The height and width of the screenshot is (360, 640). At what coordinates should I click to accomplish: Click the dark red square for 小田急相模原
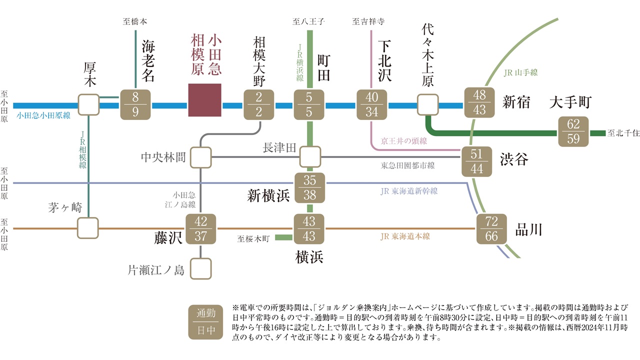[204, 100]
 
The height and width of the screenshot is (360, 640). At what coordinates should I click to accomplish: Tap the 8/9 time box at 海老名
[135, 104]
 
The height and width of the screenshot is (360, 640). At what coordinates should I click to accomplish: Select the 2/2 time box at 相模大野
[259, 104]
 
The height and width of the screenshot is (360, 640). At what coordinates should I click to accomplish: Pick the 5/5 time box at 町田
[309, 104]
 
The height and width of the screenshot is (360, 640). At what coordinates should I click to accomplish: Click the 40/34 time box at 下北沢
[372, 104]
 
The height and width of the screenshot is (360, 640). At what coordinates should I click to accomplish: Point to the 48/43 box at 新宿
[479, 102]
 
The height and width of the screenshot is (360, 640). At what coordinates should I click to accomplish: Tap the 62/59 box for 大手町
[573, 131]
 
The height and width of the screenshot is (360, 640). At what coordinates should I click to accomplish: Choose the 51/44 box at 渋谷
[477, 161]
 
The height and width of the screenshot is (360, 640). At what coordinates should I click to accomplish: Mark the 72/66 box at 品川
[491, 228]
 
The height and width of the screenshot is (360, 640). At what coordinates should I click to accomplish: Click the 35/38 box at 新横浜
[309, 187]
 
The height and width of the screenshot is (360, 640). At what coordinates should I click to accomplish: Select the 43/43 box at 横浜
[309, 228]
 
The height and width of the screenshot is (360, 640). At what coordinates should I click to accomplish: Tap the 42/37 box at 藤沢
[200, 228]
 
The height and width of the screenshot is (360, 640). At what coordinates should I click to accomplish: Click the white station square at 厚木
[88, 104]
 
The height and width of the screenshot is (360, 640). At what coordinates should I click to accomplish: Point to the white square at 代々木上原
[427, 104]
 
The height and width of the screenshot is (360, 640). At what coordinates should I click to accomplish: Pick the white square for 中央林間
[200, 157]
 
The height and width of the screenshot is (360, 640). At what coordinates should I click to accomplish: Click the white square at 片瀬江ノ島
[200, 269]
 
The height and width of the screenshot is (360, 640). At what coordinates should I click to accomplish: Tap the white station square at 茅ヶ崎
[88, 228]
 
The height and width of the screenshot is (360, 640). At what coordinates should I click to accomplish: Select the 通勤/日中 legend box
[206, 322]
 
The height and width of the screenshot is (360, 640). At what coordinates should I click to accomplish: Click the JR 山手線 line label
[520, 72]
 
